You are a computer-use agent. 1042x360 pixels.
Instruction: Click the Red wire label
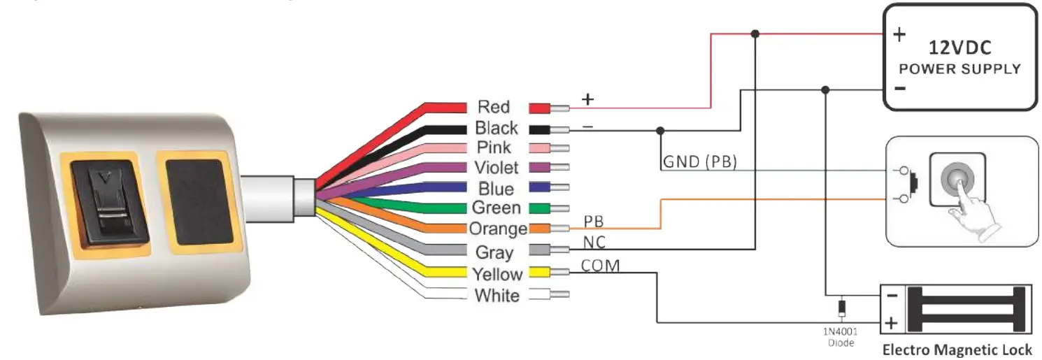pos(493,107)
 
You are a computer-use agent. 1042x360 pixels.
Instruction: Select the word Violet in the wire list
pos(496,168)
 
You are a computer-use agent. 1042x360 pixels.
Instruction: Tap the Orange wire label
pos(498,229)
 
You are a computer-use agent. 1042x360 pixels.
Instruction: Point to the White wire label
pos(497,296)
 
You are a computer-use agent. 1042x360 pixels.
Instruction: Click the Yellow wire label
pos(497,274)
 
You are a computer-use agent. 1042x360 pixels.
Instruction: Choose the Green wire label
pos(496,208)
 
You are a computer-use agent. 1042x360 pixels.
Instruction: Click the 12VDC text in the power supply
pos(959,48)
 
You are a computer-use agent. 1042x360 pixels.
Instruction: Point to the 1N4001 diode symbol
pos(841,307)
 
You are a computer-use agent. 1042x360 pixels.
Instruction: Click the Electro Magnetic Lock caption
pos(957,350)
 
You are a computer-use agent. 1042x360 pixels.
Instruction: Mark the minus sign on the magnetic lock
pos(891,295)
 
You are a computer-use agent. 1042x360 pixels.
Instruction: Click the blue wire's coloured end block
pos(541,188)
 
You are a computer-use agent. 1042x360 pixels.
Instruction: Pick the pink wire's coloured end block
pos(541,147)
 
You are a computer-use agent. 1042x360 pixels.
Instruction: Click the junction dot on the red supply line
pos(755,33)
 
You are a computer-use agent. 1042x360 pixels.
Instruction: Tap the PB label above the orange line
pos(593,221)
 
